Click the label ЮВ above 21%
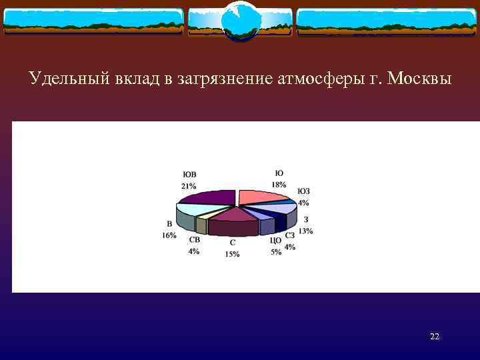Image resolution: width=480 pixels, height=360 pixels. tap(189, 175)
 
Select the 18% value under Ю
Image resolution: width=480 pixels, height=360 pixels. tap(279, 184)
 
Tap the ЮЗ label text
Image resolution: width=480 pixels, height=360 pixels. tap(303, 191)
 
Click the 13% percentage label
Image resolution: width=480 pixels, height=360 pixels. tap(305, 231)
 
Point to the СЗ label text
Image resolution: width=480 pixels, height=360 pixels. tap(289, 235)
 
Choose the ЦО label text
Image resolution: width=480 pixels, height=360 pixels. tap(275, 241)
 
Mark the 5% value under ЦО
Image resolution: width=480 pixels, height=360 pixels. tap(275, 251)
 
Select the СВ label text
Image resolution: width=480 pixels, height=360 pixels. tap(194, 240)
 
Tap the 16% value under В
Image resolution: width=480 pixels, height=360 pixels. tap(169, 235)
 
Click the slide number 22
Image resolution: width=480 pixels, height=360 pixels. tap(435, 337)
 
